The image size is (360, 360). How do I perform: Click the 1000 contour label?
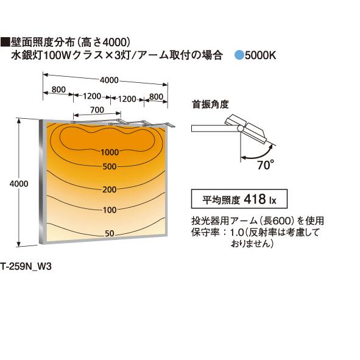(110, 152)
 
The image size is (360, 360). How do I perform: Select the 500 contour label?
(110, 167)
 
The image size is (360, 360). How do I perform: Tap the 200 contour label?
(110, 189)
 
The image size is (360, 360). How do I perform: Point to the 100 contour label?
(110, 210)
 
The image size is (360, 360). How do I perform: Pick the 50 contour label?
(110, 233)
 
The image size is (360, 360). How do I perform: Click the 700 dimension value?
(97, 110)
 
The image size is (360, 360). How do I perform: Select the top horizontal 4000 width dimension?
(109, 80)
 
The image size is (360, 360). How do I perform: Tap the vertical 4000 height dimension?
(19, 184)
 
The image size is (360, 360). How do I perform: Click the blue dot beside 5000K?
(239, 55)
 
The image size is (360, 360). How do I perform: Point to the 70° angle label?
(266, 165)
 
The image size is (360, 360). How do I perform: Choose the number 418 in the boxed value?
(255, 199)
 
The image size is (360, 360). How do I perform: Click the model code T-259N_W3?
(26, 267)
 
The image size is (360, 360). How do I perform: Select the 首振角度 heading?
(211, 104)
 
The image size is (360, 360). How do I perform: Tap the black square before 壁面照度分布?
(5, 43)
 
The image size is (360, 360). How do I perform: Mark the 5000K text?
(260, 55)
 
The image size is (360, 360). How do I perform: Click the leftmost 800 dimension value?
(58, 90)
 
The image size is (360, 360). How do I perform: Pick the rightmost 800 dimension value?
(156, 97)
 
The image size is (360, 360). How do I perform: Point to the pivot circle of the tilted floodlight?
(241, 129)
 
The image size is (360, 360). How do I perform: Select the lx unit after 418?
(273, 200)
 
